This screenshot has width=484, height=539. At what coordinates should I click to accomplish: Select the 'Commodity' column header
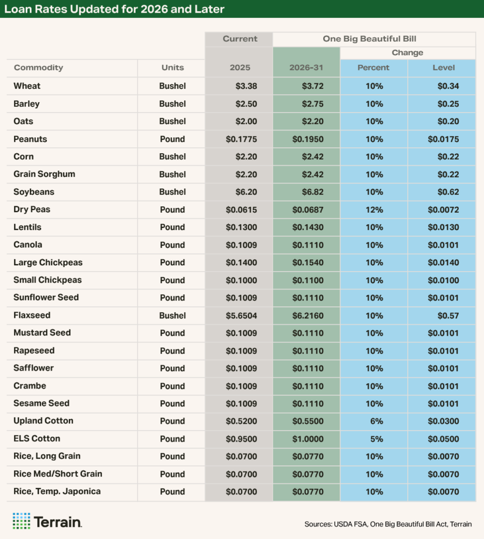[38, 67]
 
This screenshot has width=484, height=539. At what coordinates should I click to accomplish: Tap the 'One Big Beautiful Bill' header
[374, 38]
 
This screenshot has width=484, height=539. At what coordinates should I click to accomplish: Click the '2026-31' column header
[306, 67]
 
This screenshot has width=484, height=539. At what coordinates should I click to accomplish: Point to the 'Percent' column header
[373, 67]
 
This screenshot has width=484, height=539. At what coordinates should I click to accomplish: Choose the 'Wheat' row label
[27, 86]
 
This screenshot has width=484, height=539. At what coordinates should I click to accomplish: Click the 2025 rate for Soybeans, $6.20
[246, 192]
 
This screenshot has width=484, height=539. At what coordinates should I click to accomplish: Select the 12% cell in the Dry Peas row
[374, 209]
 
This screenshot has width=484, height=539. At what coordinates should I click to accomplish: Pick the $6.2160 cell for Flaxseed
[308, 315]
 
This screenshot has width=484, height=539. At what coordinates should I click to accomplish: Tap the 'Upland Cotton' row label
[43, 421]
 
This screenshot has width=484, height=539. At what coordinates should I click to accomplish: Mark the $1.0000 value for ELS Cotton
[308, 438]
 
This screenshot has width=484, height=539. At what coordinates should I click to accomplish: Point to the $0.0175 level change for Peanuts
[443, 139]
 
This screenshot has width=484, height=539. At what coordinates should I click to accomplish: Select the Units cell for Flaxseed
[172, 315]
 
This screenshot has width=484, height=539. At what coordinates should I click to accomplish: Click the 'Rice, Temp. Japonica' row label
[57, 491]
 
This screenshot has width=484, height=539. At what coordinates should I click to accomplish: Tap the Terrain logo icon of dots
[22, 521]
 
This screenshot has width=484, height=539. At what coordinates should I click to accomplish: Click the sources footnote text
[388, 524]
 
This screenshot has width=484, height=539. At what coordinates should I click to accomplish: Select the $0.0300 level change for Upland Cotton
[443, 421]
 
